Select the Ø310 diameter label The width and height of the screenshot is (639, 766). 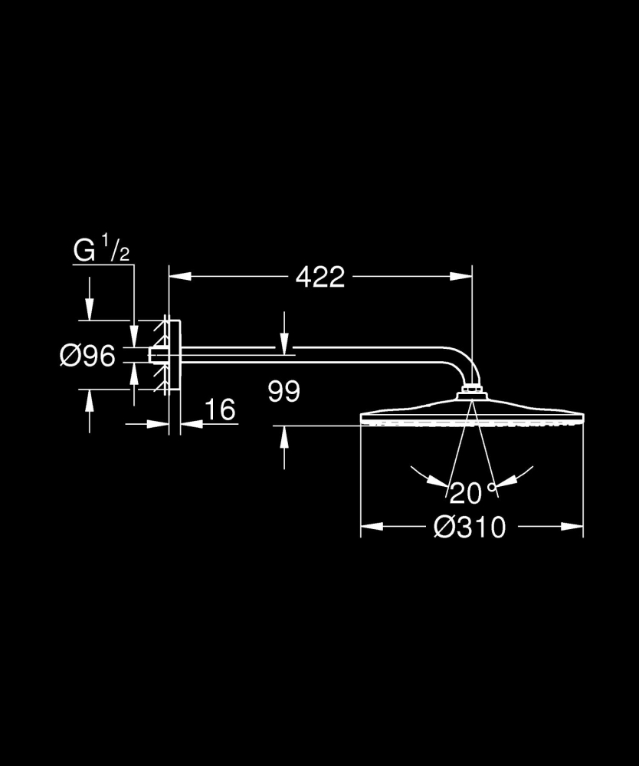coord(470,527)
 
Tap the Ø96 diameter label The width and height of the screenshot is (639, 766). coord(87,356)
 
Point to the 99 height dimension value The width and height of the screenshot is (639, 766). coord(284,392)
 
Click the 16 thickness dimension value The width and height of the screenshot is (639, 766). coord(220,409)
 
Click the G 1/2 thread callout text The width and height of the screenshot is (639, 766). coord(100,251)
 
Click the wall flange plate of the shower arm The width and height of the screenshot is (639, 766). coord(174,356)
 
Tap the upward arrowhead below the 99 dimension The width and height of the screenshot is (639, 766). coord(285,436)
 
